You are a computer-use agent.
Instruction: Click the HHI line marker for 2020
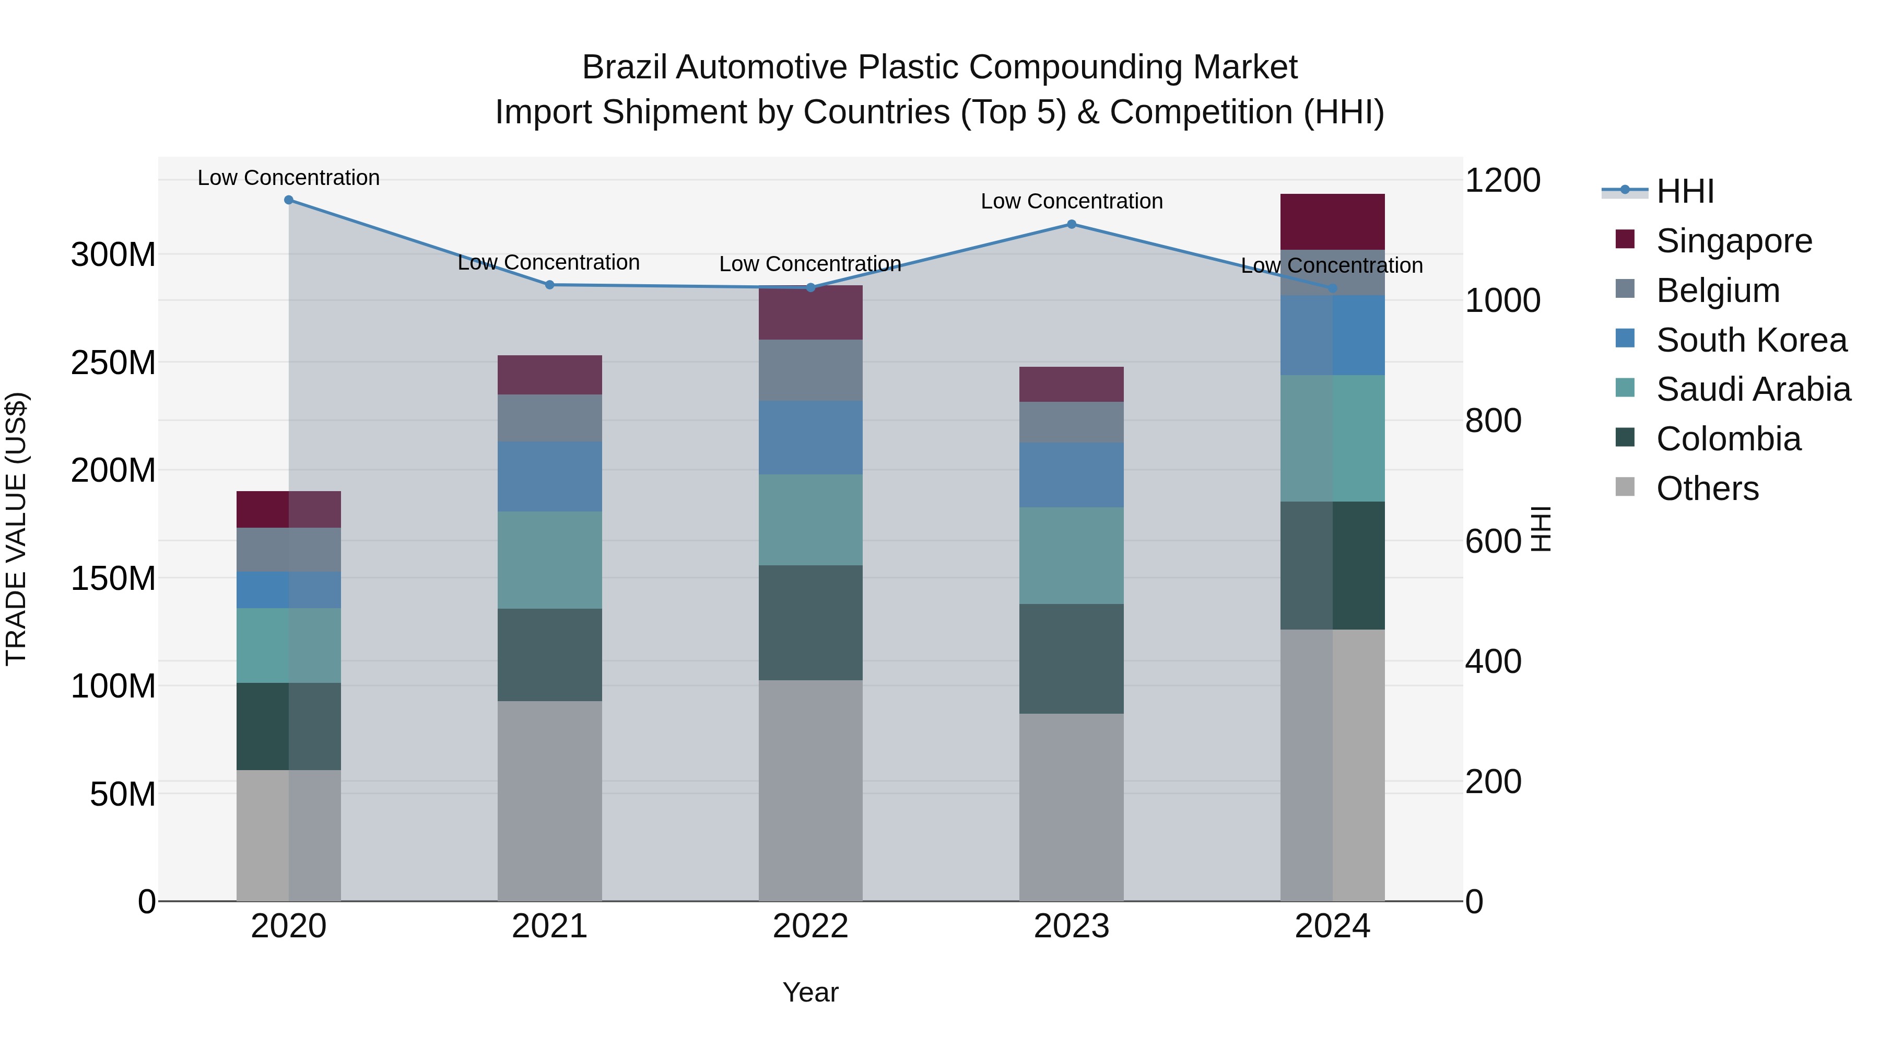288,200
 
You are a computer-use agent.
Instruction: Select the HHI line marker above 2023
1072,224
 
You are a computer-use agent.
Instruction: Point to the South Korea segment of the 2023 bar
1072,474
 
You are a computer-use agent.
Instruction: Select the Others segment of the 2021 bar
549,800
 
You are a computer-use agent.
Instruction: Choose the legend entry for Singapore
1733,241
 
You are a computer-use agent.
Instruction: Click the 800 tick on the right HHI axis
1493,421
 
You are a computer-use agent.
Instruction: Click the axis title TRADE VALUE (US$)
16,529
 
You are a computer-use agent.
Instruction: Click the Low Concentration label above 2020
288,178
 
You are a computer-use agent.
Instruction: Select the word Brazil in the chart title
624,67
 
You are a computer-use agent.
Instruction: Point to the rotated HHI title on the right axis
1540,529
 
